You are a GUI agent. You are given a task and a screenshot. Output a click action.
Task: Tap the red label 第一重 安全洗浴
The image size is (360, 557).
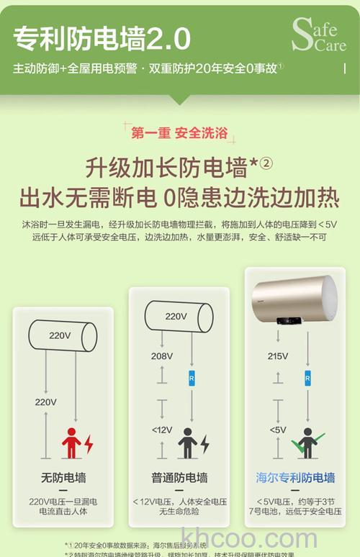click(x=179, y=132)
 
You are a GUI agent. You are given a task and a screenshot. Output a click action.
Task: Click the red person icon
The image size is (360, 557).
click(x=71, y=442)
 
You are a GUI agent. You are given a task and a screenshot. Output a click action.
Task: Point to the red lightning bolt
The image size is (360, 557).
click(x=89, y=443)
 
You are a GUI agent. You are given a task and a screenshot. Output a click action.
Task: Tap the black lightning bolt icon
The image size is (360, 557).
click(x=204, y=443)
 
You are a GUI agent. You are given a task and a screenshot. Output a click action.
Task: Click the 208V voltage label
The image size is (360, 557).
click(x=161, y=356)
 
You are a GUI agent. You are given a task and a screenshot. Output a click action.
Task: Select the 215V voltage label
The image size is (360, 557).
click(x=277, y=356)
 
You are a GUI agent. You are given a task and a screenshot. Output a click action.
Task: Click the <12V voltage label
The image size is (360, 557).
click(x=161, y=430)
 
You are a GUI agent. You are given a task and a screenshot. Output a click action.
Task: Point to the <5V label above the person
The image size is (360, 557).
click(x=277, y=430)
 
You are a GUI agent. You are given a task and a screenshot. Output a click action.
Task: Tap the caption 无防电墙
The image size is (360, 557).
click(x=63, y=478)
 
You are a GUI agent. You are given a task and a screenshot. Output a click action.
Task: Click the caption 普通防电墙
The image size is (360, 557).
click(x=179, y=478)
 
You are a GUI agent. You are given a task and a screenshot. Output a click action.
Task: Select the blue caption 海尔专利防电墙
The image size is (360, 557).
click(x=295, y=477)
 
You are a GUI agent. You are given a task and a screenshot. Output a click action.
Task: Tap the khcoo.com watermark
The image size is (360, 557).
click(x=250, y=538)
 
